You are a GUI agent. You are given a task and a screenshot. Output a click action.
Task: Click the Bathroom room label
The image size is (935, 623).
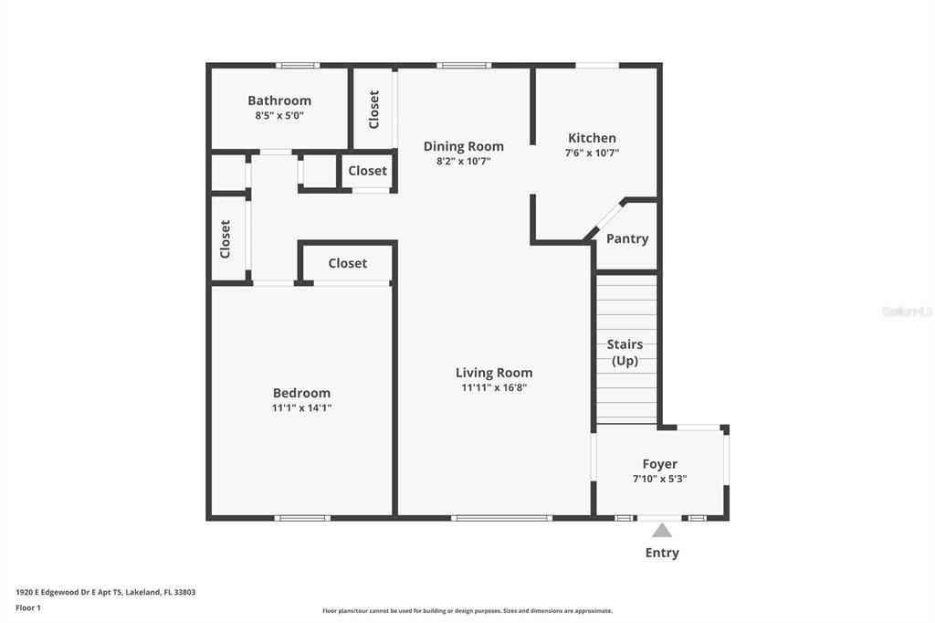click(x=279, y=100)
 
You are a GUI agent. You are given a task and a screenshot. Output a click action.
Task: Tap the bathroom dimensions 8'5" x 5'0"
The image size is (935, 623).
click(x=279, y=116)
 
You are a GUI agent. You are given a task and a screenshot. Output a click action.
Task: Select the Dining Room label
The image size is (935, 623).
click(x=464, y=146)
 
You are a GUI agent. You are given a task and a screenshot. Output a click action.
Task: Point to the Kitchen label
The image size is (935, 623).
click(x=592, y=138)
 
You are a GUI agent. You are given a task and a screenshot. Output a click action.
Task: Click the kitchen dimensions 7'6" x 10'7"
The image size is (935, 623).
click(x=592, y=153)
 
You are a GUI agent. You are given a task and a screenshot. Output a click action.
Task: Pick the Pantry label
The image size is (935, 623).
click(x=627, y=238)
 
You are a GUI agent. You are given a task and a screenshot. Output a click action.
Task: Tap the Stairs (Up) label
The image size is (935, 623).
click(x=625, y=353)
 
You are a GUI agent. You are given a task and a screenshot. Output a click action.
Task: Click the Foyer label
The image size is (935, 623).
click(x=659, y=464)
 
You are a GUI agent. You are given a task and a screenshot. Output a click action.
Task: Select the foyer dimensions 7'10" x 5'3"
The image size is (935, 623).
click(x=659, y=479)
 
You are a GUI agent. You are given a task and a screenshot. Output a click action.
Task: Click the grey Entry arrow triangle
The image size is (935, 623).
click(x=662, y=531)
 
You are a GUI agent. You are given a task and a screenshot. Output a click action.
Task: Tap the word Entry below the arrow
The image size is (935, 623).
click(x=662, y=553)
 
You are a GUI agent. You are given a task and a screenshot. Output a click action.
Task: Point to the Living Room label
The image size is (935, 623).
click(x=494, y=373)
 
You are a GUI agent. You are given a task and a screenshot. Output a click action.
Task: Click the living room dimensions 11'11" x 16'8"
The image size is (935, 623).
click(x=494, y=387)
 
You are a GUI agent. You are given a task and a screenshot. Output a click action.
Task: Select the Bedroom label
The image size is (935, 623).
click(x=301, y=393)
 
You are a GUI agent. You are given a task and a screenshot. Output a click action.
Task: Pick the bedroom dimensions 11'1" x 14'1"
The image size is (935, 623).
click(x=301, y=408)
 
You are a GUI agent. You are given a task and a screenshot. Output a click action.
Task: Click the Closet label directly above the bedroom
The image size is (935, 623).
click(x=347, y=263)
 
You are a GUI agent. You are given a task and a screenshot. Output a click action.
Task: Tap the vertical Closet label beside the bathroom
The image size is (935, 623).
click(x=373, y=110)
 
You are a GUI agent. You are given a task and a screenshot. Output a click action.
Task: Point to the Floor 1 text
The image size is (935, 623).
click(x=28, y=607)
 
